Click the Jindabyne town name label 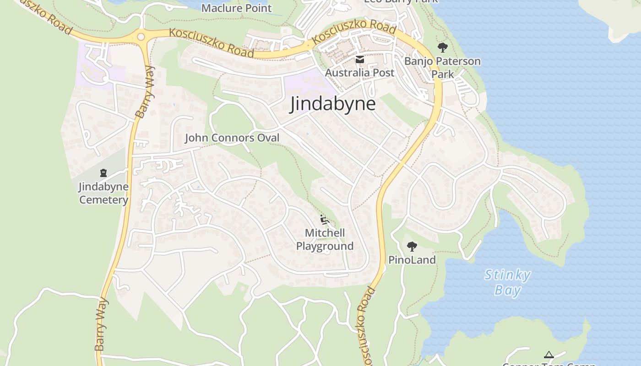(x=333, y=104)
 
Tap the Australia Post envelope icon (x=359, y=59)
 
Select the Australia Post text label (x=359, y=73)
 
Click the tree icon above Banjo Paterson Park (x=442, y=47)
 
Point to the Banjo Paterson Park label (x=442, y=67)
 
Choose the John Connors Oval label (x=232, y=138)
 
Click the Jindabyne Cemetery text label (x=103, y=193)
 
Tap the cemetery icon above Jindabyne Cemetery (x=103, y=173)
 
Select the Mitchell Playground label (x=325, y=239)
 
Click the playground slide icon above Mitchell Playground (x=325, y=220)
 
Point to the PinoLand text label (x=412, y=260)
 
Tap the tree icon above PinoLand (x=412, y=247)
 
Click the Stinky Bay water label (x=507, y=282)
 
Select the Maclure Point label (x=236, y=8)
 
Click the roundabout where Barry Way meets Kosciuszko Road (x=141, y=37)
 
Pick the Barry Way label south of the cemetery (x=102, y=324)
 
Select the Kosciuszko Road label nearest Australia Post (x=354, y=32)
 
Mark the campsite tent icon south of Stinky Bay (x=549, y=355)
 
